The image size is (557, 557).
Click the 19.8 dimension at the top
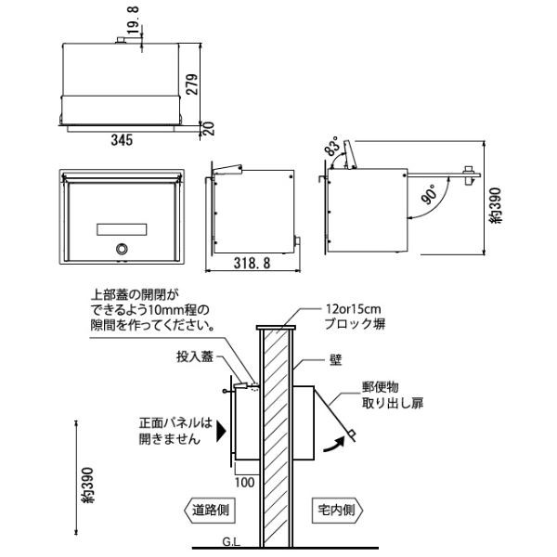pyautogui.click(x=133, y=19)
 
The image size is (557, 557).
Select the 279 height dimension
pyautogui.click(x=192, y=84)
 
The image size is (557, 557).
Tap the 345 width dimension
pyautogui.click(x=122, y=140)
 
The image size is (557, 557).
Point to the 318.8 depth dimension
pyautogui.click(x=252, y=263)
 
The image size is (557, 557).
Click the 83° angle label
pyautogui.click(x=333, y=146)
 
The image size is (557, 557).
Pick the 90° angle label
pyautogui.click(x=430, y=194)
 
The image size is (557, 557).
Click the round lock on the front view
pyautogui.click(x=122, y=249)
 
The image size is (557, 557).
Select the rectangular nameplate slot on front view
pyautogui.click(x=122, y=229)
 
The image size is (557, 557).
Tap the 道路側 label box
pyautogui.click(x=210, y=511)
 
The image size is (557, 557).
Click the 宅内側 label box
pyautogui.click(x=338, y=511)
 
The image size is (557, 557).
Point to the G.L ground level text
pyautogui.click(x=231, y=542)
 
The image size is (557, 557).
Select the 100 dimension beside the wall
pyautogui.click(x=244, y=483)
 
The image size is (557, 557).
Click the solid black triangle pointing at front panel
pyautogui.click(x=221, y=432)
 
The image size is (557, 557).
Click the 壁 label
pyautogui.click(x=336, y=360)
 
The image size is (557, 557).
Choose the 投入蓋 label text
pyautogui.click(x=195, y=356)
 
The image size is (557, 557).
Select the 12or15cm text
pyautogui.click(x=353, y=309)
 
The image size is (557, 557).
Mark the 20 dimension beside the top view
pyautogui.click(x=210, y=129)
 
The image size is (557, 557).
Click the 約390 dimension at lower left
pyautogui.click(x=87, y=486)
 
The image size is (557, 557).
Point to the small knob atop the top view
pyautogui.click(x=121, y=40)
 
